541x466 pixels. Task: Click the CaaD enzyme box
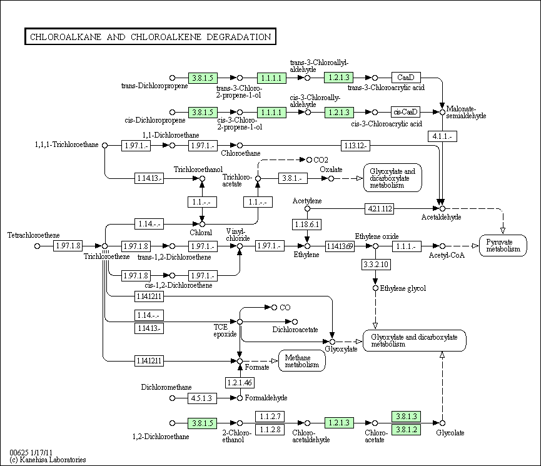coord(406,78)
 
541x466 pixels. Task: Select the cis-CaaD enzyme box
coord(405,112)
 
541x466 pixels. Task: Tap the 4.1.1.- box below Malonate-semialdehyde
coord(442,136)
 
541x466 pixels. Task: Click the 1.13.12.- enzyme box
coord(355,146)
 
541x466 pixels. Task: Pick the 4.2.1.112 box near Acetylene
coord(380,208)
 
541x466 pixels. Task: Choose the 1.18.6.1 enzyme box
coord(306,225)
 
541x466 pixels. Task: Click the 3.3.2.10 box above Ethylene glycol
coord(376,265)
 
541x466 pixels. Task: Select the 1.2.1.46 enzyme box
coord(240,382)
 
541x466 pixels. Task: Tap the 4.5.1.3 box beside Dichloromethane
coord(202,398)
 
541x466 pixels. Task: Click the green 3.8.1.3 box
coord(407,417)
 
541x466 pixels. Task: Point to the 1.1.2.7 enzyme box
coord(270,417)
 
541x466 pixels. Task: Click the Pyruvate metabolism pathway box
coord(503,245)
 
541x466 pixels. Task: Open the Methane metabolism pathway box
coord(302,361)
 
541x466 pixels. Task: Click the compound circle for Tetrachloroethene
coord(38,246)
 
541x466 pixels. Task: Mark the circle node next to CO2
coord(309,160)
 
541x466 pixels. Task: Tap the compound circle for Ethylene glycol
coord(375,288)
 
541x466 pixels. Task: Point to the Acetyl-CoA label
coord(447,255)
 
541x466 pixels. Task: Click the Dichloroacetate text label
coord(295,330)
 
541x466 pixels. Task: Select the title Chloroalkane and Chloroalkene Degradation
coord(151,36)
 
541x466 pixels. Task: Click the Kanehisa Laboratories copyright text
coord(48,460)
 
